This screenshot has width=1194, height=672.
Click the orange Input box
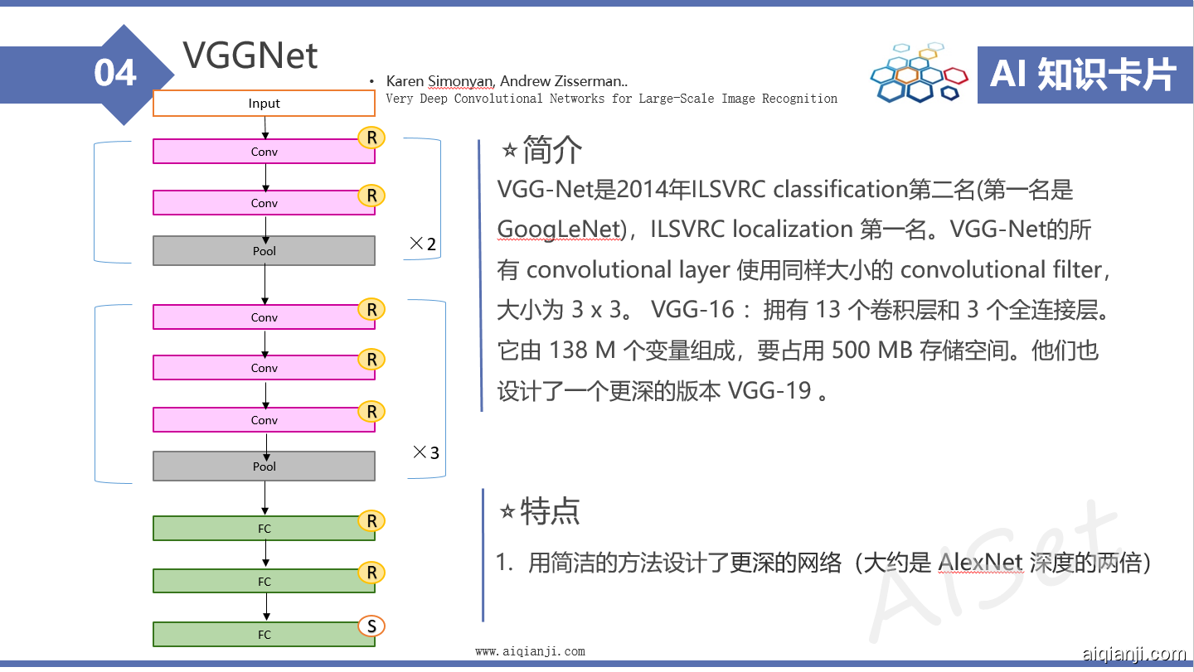[x=264, y=103]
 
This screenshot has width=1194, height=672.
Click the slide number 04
[x=115, y=72]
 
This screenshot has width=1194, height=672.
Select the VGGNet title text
[x=250, y=56]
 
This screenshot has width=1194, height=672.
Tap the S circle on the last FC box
[x=371, y=626]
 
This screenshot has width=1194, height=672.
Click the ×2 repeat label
[x=423, y=244]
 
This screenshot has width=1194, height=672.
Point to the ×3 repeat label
[x=426, y=452]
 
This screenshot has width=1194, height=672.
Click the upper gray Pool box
[x=264, y=250]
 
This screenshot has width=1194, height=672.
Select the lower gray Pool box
[x=264, y=466]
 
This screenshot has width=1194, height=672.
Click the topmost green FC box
[x=264, y=528]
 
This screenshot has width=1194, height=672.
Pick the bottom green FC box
[x=264, y=634]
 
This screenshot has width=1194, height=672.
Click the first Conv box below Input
[x=264, y=152]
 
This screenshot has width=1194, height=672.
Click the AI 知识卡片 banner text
[x=1083, y=74]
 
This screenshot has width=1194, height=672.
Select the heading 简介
[x=552, y=150]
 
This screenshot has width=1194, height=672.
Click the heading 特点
[x=550, y=511]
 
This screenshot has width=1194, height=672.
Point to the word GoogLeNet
[x=559, y=229]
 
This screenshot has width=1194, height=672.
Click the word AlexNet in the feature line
[x=980, y=563]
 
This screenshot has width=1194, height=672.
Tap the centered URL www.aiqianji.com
[x=531, y=651]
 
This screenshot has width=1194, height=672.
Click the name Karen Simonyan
[x=439, y=81]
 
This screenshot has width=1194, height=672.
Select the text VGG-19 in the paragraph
[x=769, y=391]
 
